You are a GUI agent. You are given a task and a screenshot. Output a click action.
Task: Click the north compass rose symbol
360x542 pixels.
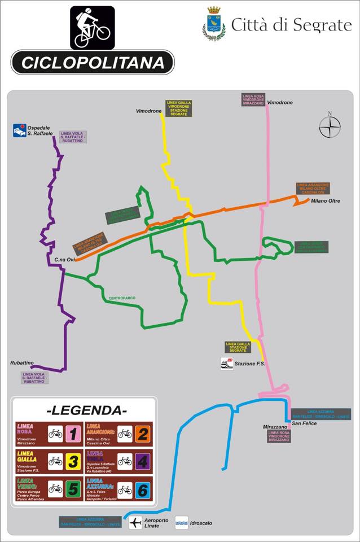point(330,126)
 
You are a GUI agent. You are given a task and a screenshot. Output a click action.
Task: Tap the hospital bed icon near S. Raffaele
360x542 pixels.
point(20,130)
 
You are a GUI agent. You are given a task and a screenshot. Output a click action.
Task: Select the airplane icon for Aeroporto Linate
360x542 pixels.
point(135,522)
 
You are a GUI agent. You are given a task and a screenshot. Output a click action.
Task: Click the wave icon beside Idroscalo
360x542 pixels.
point(182,522)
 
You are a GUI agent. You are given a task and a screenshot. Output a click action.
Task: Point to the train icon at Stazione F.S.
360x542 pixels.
point(226,364)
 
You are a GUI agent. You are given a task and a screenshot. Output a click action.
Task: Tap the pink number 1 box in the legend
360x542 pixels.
point(73,434)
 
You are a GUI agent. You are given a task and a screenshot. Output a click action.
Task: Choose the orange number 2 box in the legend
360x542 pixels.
point(143,434)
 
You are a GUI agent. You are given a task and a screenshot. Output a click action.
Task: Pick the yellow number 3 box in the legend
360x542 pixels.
point(73,461)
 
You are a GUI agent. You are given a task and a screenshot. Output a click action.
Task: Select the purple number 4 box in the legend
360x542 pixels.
point(143,461)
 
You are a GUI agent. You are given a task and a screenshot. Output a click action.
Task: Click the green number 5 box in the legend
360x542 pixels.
point(73,488)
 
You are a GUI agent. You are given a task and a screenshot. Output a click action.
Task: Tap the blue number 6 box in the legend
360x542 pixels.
point(143,488)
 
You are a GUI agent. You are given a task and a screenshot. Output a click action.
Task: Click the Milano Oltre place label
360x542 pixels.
point(326,201)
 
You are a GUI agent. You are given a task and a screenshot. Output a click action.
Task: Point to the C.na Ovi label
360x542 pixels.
point(64,260)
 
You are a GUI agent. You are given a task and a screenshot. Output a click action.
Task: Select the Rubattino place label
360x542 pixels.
point(22,362)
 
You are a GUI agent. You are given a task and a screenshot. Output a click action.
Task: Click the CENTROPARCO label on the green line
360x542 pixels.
point(122,298)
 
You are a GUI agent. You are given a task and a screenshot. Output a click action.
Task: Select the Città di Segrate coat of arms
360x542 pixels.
point(214,24)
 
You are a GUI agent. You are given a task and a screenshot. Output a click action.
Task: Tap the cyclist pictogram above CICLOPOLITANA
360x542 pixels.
point(93,28)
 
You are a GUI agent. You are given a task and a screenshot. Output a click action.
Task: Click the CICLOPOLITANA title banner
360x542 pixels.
point(93,62)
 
